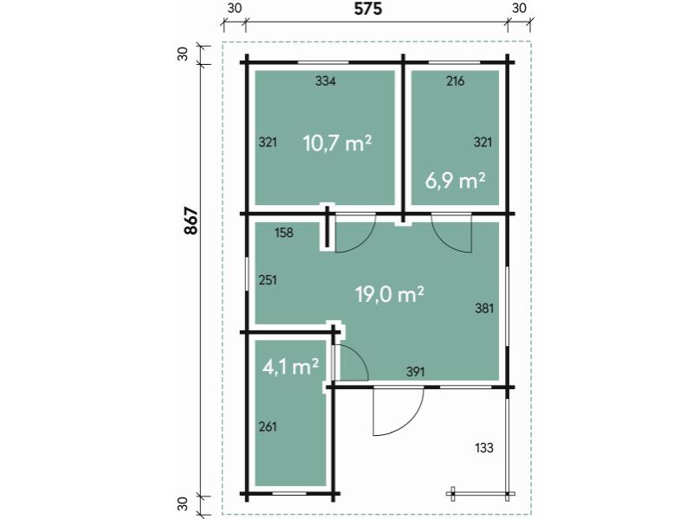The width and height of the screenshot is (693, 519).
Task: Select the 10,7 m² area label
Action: (x=337, y=143)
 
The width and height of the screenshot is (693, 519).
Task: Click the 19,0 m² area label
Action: (x=389, y=294)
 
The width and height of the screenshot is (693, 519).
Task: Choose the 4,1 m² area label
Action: (x=290, y=367)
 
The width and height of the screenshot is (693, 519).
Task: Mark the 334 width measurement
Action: (x=326, y=82)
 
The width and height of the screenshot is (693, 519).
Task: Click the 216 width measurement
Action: (x=455, y=82)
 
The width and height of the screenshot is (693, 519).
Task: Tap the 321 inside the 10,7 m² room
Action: (x=268, y=142)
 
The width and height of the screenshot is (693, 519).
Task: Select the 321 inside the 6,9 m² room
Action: (x=483, y=142)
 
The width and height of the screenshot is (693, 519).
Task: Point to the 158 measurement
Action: (x=284, y=233)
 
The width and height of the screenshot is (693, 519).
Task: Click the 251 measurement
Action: (x=268, y=280)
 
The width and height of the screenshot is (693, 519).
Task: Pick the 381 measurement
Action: (x=483, y=307)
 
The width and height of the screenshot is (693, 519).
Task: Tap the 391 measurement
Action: (x=416, y=371)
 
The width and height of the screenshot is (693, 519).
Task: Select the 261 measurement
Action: (x=268, y=426)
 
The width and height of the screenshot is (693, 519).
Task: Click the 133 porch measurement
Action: (x=484, y=447)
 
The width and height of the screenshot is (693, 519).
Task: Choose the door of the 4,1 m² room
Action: (x=352, y=362)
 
